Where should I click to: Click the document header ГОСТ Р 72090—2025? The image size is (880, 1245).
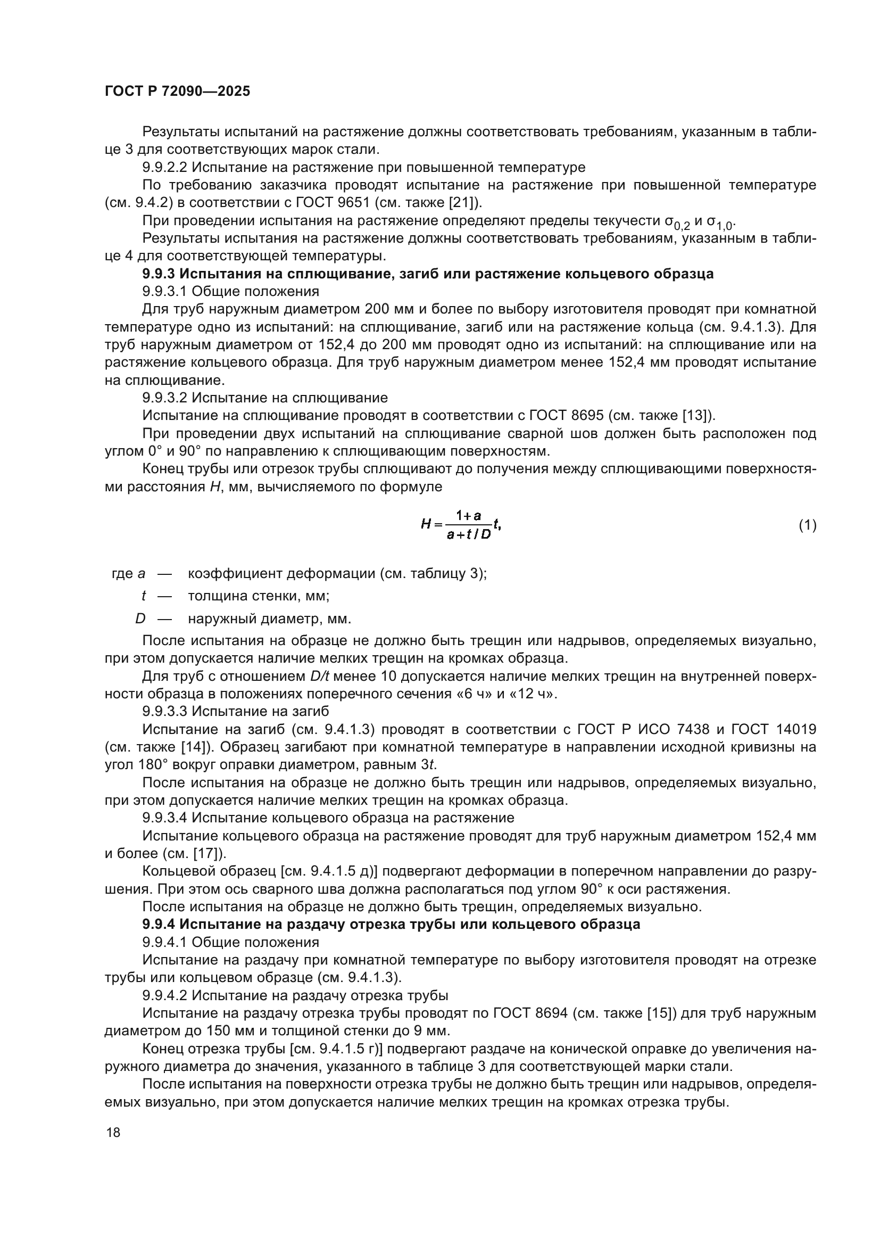pyautogui.click(x=177, y=92)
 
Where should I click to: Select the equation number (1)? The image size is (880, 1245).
pyautogui.click(x=808, y=525)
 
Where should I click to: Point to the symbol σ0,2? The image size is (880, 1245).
pyautogui.click(x=677, y=222)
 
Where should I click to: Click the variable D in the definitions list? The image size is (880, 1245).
pyautogui.click(x=140, y=618)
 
